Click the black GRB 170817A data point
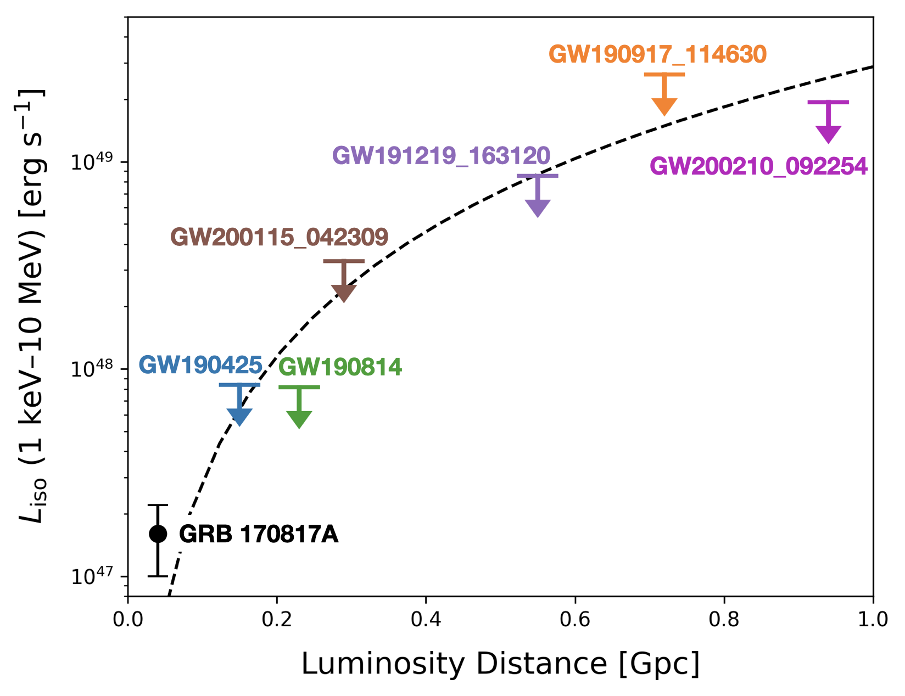tap(158, 534)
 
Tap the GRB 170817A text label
tap(259, 534)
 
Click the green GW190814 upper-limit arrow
tap(299, 407)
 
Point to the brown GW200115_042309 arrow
tap(344, 280)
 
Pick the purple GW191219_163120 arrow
tap(538, 196)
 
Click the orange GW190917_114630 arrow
tap(664, 94)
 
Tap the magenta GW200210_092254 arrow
tap(828, 122)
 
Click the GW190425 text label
tap(200, 365)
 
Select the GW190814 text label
tap(340, 367)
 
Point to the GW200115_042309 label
tap(280, 237)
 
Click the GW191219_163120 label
tap(442, 155)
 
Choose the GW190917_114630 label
tap(657, 54)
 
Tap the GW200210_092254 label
tap(758, 166)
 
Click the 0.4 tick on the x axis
tap(426, 619)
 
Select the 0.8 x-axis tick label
tap(724, 619)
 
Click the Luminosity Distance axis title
tap(500, 664)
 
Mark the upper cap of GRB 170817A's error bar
tap(158, 505)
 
